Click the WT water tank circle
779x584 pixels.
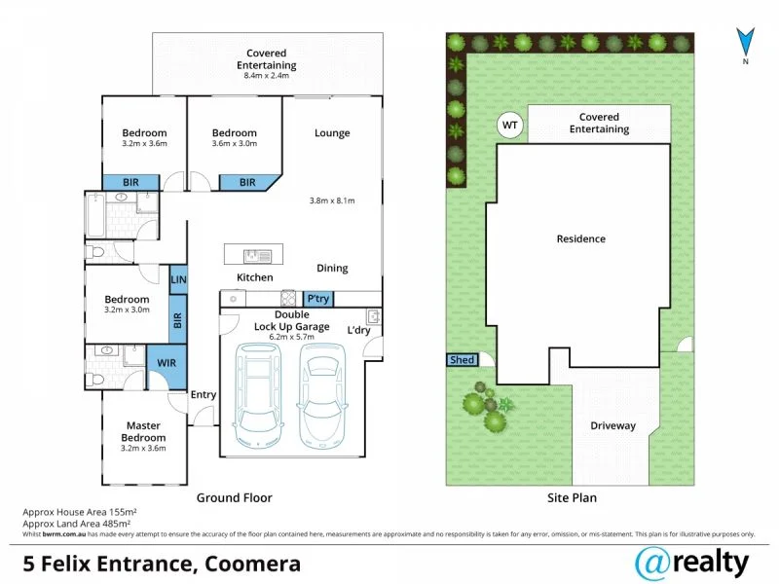point(508,125)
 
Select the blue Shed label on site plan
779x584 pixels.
point(463,360)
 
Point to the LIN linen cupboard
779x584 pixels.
point(178,279)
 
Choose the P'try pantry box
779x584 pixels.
point(317,300)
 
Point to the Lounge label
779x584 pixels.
point(332,133)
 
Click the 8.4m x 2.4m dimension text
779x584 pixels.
point(266,76)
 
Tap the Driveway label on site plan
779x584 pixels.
point(612,426)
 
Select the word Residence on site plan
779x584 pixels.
point(580,238)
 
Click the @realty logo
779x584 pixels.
point(691,562)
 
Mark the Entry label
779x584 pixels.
point(204,394)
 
